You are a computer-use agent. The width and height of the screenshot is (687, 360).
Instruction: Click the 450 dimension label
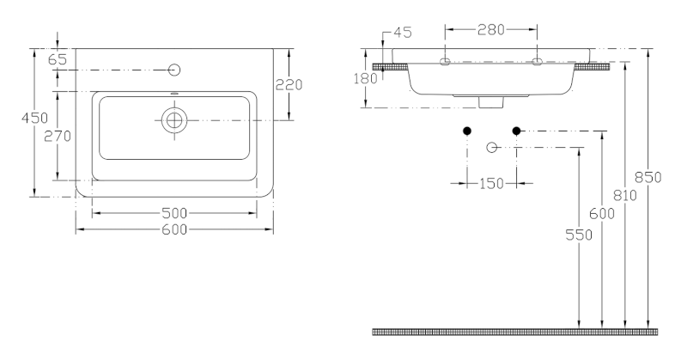(x=34, y=118)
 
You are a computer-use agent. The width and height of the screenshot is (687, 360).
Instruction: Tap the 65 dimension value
(x=58, y=59)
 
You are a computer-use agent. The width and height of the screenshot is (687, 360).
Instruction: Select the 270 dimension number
(x=58, y=137)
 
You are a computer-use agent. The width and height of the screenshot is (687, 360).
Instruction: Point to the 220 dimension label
(x=289, y=84)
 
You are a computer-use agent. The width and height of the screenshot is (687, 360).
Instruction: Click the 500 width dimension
(x=174, y=214)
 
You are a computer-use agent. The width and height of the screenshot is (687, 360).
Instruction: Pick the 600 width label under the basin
(x=174, y=229)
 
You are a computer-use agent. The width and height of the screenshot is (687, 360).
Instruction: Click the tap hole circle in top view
(x=174, y=70)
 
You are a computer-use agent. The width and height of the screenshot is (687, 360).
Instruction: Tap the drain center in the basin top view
(x=174, y=120)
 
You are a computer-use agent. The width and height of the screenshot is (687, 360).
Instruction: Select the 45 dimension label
(x=403, y=33)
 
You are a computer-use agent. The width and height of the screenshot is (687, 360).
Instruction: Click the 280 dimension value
(x=491, y=30)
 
